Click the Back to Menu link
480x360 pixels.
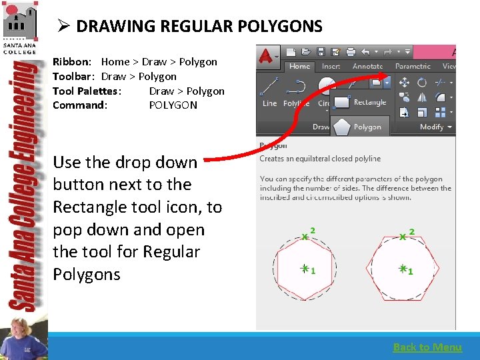pyautogui.click(x=427, y=347)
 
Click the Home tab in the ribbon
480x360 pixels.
pyautogui.click(x=299, y=66)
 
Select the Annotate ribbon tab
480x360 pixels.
pyautogui.click(x=367, y=66)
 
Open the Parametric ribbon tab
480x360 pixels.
pyautogui.click(x=413, y=66)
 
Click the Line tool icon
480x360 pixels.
pyautogui.click(x=270, y=87)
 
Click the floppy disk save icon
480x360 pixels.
pyautogui.click(x=321, y=51)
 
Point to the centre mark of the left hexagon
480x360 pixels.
pyautogui.click(x=304, y=269)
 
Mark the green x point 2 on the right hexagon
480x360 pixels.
pyautogui.click(x=403, y=236)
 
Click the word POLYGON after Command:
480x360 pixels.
pyautogui.click(x=173, y=105)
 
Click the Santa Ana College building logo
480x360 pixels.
pyautogui.click(x=19, y=21)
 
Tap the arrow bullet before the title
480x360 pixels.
pyautogui.click(x=63, y=27)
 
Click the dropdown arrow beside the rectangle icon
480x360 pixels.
pyautogui.click(x=387, y=83)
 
